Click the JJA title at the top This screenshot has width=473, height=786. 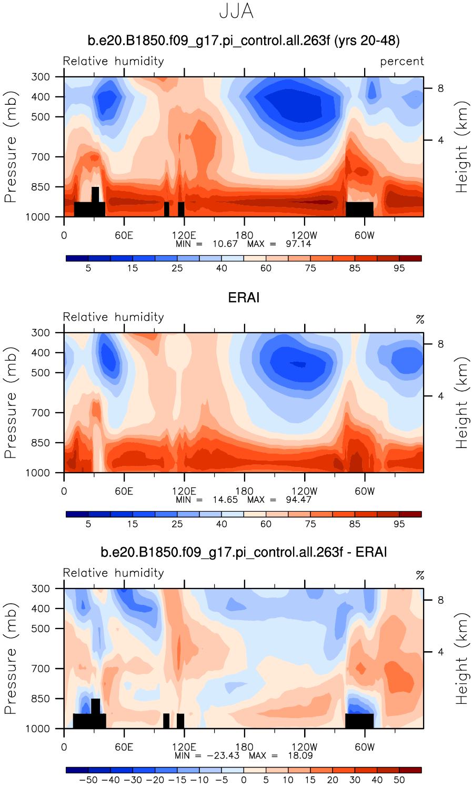236,12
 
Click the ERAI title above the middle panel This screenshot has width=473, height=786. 244,298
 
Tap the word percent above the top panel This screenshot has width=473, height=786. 402,62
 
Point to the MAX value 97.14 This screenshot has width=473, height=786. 298,244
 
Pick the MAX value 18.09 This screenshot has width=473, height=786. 300,755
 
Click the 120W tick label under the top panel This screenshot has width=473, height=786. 304,235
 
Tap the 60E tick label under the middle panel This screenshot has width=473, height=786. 124,491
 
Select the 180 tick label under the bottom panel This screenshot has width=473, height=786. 244,747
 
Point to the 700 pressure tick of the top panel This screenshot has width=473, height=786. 40,157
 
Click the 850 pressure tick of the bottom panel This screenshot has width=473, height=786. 40,699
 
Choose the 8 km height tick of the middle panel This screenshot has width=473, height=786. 440,344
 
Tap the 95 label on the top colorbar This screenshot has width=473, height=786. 399,268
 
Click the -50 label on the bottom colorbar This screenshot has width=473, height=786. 88,780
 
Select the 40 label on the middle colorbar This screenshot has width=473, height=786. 222,524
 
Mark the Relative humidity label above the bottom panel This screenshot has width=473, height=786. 114,573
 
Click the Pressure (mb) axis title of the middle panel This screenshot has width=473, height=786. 11,403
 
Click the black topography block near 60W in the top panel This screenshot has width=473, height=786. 359,209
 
